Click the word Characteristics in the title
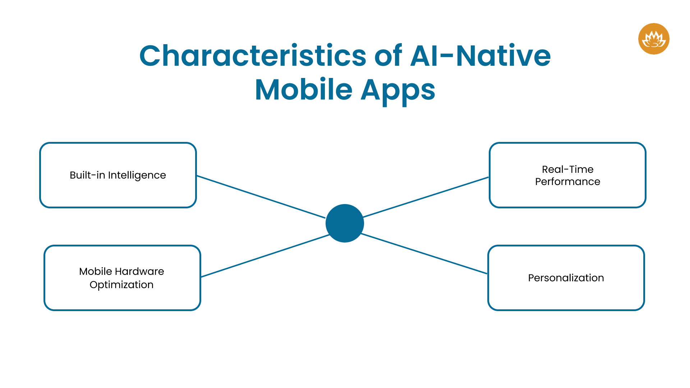coord(253,56)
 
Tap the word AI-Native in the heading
coord(480,56)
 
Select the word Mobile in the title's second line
coord(304,90)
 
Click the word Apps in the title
coord(398,90)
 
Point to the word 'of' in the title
coord(388,56)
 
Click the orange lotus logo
coord(654,39)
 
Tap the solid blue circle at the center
coord(345,223)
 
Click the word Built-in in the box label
coord(87,175)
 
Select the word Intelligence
coord(137,175)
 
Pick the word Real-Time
coord(567,169)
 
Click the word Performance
coord(567,181)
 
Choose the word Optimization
coord(121,285)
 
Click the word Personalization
coord(566,278)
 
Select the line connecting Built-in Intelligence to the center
coord(261,197)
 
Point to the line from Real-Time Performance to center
coord(426,197)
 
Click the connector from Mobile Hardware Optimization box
coord(265,256)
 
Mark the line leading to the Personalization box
coord(424,254)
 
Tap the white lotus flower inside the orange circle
coord(654,40)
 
